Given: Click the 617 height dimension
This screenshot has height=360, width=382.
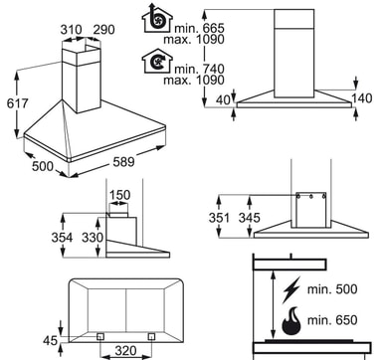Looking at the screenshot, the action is [x=18, y=103].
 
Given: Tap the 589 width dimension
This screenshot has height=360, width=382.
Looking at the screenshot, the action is [x=124, y=162].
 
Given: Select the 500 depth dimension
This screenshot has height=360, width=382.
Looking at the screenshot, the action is [x=43, y=166].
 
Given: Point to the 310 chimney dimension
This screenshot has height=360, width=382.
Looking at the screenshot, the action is [x=72, y=30].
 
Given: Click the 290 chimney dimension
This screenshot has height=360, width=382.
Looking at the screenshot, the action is [x=103, y=30].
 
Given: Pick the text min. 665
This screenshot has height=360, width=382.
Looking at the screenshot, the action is [x=200, y=28].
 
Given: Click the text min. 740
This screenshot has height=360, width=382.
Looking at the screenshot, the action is [x=200, y=69].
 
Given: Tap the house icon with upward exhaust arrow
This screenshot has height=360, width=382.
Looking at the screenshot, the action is [x=157, y=18].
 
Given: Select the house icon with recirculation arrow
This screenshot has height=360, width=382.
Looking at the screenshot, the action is [x=157, y=61].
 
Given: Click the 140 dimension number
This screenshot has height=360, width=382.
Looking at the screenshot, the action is [x=362, y=98].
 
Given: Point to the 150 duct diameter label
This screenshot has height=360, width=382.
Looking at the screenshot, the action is [x=119, y=195].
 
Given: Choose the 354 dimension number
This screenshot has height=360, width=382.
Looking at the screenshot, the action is [x=62, y=238].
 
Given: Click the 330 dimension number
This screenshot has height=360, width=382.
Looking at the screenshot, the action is [x=93, y=238].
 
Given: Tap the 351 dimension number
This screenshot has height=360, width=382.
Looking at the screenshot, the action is [x=219, y=218].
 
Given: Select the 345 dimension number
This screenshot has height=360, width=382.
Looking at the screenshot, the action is [x=250, y=218].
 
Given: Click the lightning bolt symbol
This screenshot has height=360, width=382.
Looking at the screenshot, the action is [x=291, y=289].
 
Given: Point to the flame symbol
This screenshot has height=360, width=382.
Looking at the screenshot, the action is [x=291, y=320].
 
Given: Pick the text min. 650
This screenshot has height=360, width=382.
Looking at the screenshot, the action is [x=332, y=320].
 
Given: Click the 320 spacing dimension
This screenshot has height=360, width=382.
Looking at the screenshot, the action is [x=125, y=350].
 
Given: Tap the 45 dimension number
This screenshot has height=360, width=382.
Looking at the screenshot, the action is [x=51, y=340].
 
